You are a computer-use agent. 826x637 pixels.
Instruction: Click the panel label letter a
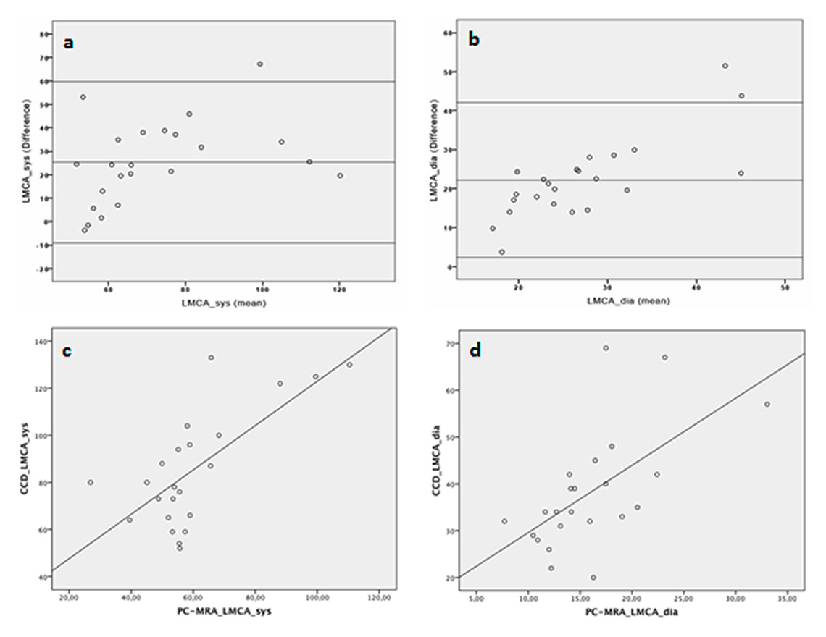[x=69, y=43]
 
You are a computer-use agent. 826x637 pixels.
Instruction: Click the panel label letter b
[x=475, y=41]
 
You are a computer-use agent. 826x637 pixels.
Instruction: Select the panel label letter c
[x=71, y=353]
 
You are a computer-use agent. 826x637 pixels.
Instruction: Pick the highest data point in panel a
[x=260, y=64]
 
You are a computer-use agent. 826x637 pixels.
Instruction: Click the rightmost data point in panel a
[x=340, y=175]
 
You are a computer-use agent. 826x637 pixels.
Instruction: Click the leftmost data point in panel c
[x=91, y=482]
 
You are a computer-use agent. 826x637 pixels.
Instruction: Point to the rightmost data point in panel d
[x=767, y=404]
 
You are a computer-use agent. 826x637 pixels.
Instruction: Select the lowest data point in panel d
[x=593, y=577]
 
